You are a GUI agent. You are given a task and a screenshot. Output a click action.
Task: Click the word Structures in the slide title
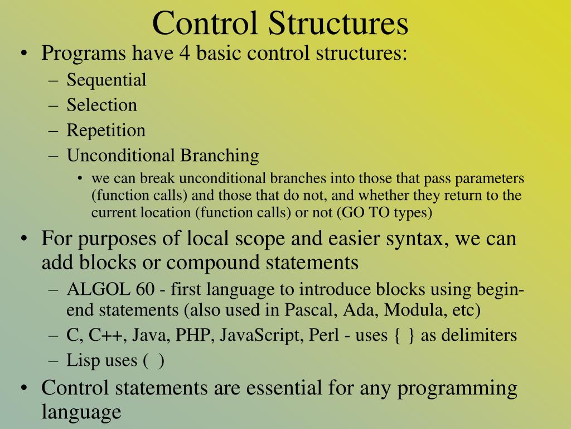click(339, 23)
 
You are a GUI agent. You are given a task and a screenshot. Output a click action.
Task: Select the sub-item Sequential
click(107, 80)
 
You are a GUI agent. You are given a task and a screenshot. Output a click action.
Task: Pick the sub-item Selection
click(102, 105)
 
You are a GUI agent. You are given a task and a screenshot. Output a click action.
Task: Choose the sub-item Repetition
click(106, 130)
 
